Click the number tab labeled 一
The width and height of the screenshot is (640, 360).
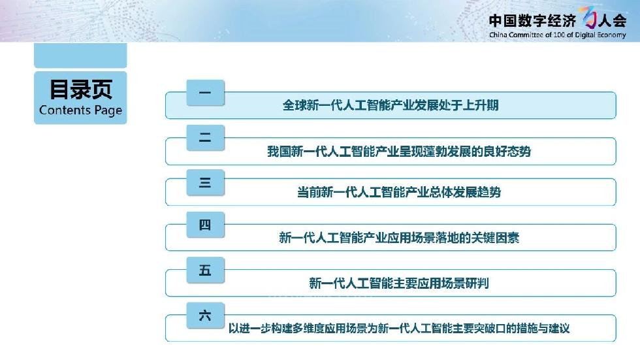205,93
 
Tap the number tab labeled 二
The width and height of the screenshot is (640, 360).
205,138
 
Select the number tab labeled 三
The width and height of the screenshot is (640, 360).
205,182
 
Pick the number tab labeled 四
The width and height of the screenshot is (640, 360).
205,225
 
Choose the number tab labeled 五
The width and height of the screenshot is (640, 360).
205,270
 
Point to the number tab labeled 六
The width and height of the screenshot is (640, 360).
205,315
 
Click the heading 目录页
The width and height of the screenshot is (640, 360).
81,90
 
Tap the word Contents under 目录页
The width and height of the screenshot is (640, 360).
65,110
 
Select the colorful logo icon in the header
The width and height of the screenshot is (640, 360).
589,17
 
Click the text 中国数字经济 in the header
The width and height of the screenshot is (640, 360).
532,20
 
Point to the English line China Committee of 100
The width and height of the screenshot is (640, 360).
558,35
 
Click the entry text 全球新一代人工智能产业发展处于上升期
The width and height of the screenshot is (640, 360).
391,105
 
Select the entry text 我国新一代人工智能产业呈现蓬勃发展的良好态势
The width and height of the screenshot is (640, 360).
399,152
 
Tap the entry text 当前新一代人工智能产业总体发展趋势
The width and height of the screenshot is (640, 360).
399,192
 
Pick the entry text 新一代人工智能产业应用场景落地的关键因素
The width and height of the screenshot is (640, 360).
399,238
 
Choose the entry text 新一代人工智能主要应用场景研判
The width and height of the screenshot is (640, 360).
399,283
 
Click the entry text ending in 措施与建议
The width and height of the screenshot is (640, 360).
399,328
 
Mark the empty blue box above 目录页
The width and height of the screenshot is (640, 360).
80,55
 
